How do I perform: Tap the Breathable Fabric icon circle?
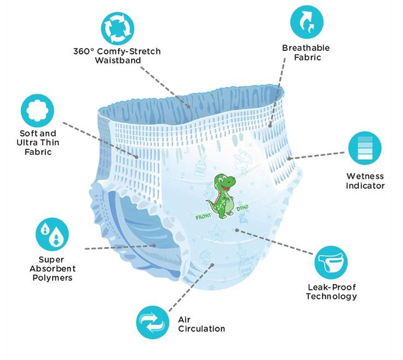306,22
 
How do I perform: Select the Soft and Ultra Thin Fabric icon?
38,110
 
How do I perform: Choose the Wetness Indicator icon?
365,148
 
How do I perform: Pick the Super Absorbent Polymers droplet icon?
53,234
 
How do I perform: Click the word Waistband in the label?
118,60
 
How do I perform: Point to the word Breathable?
307,48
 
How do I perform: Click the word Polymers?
53,278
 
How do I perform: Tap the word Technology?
331,297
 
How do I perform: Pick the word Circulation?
201,329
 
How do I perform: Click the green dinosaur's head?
222,181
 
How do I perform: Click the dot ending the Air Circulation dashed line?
212,265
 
